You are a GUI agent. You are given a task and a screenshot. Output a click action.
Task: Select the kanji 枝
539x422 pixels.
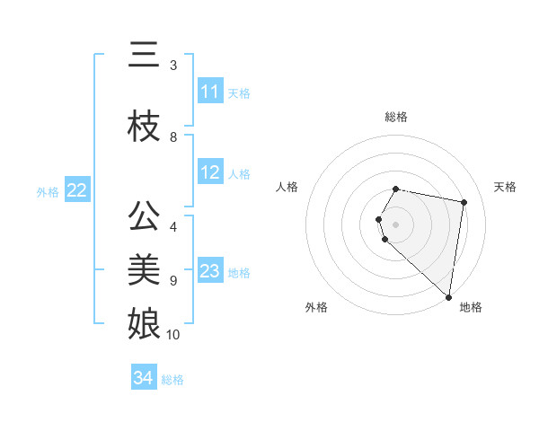144,125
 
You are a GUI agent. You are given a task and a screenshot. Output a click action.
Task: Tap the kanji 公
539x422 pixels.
144,216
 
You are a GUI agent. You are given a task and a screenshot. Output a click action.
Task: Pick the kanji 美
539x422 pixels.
144,268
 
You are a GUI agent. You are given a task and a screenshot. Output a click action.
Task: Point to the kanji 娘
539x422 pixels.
144,322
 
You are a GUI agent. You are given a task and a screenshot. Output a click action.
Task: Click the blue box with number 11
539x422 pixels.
210,92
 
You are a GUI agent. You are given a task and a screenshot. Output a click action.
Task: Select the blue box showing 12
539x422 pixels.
210,172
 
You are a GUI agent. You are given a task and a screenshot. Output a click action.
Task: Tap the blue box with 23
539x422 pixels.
210,271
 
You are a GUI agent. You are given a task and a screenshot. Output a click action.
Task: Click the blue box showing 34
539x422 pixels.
144,378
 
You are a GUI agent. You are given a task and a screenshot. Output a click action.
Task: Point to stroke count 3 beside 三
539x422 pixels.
173,66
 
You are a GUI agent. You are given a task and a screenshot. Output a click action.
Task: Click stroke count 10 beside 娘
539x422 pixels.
173,335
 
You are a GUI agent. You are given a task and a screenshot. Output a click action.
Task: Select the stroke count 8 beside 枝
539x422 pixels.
173,137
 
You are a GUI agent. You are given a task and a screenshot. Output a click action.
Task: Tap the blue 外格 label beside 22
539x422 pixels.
48,191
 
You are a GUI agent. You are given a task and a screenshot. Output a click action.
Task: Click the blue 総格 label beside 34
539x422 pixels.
172,380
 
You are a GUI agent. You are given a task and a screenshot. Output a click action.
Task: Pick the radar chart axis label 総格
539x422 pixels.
396,117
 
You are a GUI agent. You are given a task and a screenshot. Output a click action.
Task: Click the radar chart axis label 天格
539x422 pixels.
505,187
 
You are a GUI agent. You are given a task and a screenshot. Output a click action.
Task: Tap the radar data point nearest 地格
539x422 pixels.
449,296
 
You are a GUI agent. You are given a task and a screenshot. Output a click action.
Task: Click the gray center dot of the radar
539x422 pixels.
396,224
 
